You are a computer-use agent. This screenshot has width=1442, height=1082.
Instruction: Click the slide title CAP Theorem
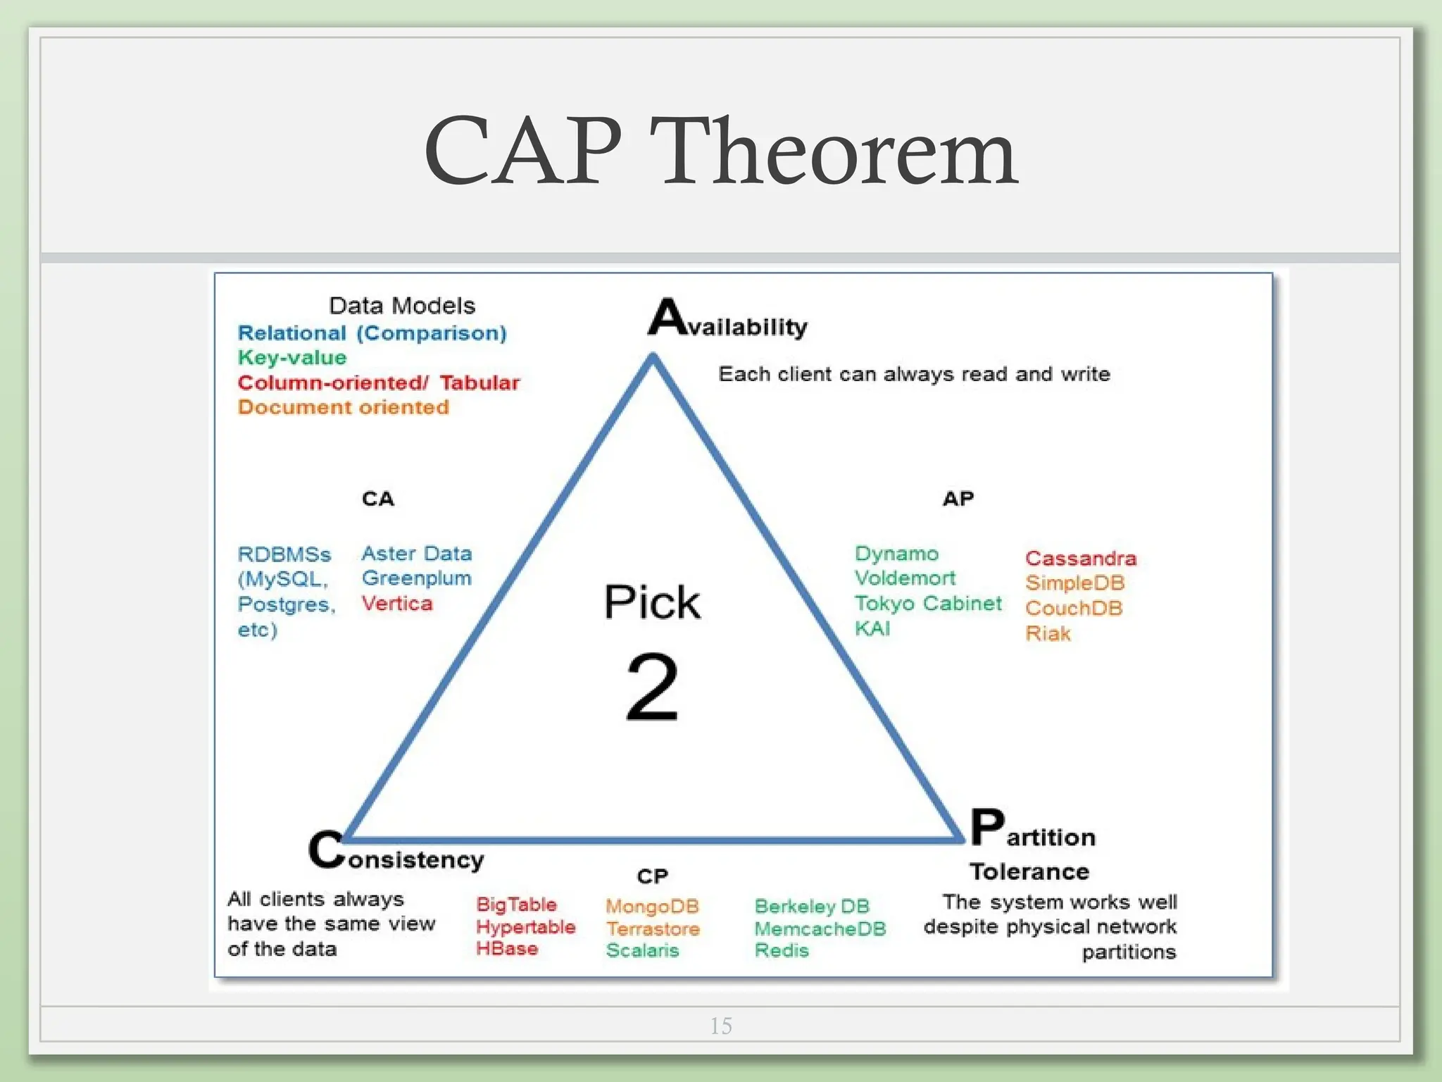click(x=720, y=151)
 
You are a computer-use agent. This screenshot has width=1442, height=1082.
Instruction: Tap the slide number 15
click(x=721, y=1026)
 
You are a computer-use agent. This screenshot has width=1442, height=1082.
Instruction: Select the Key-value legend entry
click(x=292, y=358)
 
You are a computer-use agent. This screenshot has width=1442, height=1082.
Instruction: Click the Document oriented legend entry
click(x=343, y=407)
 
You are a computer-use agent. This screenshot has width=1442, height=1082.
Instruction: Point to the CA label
click(x=378, y=499)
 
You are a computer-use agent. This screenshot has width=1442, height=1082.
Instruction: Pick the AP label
click(x=958, y=499)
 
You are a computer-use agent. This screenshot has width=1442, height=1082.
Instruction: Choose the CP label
click(x=652, y=876)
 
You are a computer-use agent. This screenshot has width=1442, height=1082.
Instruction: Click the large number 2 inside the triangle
click(x=652, y=687)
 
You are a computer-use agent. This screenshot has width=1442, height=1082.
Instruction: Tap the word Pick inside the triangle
click(x=652, y=602)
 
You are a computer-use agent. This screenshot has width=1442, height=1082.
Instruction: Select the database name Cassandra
click(x=1081, y=559)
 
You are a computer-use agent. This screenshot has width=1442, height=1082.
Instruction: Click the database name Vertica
click(x=397, y=604)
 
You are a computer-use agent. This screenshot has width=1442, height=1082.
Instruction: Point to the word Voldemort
click(x=905, y=578)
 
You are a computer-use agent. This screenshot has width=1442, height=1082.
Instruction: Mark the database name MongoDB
click(x=652, y=906)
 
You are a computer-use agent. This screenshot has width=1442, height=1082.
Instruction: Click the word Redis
click(x=782, y=950)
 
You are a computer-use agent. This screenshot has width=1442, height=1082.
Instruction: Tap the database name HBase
click(x=507, y=948)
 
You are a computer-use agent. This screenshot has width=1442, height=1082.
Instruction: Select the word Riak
click(x=1048, y=633)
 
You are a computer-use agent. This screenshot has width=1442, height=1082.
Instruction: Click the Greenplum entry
click(x=416, y=578)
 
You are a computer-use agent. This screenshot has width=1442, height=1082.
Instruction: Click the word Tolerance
click(x=1029, y=872)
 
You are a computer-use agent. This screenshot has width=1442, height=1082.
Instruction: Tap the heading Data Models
click(x=402, y=306)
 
